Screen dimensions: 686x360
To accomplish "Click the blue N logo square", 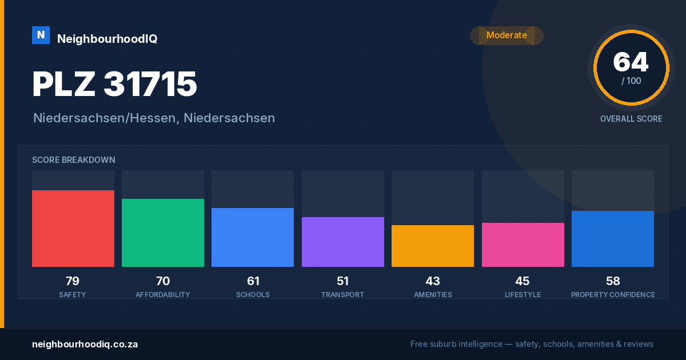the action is (x=41, y=35).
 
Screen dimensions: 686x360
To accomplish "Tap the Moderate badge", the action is (x=506, y=35).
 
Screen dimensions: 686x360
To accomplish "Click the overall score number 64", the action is (x=631, y=62).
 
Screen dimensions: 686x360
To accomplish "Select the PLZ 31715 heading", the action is (x=114, y=84).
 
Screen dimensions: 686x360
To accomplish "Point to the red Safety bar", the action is (x=73, y=229).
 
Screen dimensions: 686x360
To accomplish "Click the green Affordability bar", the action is (x=163, y=233).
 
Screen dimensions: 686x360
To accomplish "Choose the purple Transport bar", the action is (x=343, y=242).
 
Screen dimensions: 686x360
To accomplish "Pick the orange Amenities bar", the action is (x=433, y=246).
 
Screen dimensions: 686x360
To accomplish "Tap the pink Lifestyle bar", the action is (x=523, y=245).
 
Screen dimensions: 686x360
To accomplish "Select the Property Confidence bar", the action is (x=613, y=239).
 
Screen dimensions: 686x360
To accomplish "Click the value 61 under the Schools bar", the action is (x=253, y=281).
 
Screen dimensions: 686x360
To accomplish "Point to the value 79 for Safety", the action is (x=73, y=281).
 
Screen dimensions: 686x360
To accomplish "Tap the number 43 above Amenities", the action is (x=433, y=281).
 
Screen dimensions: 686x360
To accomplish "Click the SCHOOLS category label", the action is (x=253, y=294).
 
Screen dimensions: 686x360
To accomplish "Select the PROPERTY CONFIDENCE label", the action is (x=613, y=294).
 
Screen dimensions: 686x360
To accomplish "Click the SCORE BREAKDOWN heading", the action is (x=74, y=160).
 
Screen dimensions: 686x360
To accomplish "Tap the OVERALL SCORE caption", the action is (x=631, y=119).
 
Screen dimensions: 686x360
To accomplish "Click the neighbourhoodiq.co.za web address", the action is (x=85, y=344).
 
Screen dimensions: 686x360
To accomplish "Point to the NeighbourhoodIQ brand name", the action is (x=107, y=39).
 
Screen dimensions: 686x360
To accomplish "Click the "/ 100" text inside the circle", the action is (x=631, y=81).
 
